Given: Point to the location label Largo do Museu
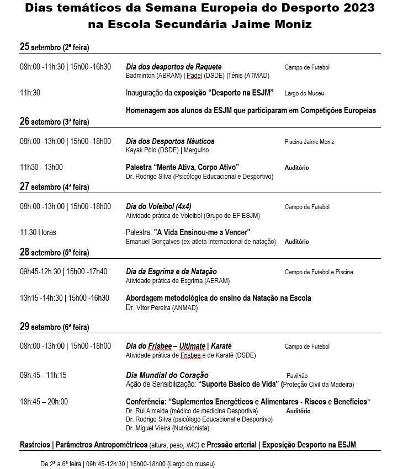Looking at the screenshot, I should (x=304, y=93).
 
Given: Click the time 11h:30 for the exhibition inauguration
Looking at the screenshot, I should (x=30, y=93).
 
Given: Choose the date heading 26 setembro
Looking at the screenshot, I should (x=54, y=121).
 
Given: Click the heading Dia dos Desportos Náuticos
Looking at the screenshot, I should (x=170, y=141).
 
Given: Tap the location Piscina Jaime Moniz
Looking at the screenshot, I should (x=309, y=142).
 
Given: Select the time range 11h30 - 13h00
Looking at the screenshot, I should (x=41, y=167).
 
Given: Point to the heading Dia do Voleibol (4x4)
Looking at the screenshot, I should (x=159, y=206).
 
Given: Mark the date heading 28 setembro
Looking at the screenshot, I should (x=54, y=252).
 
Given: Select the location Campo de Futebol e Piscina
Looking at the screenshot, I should (x=319, y=272).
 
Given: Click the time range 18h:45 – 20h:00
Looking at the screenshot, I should (x=44, y=402).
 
